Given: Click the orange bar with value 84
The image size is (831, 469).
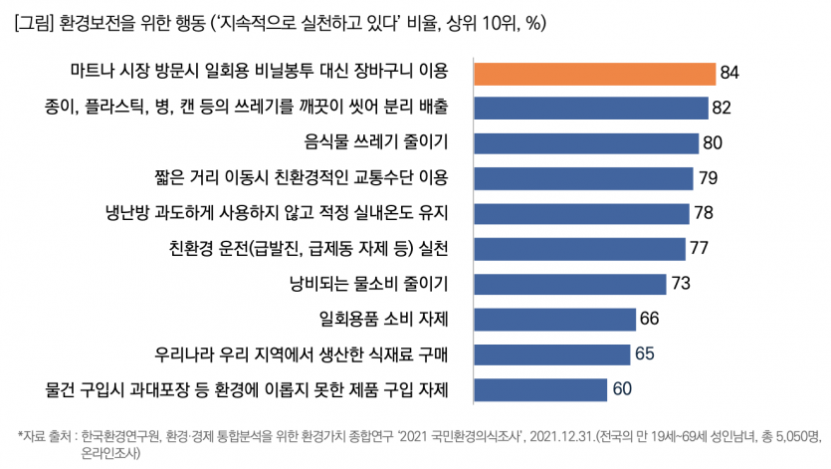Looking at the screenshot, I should click(x=595, y=73).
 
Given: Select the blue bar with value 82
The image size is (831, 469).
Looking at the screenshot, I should click(x=591, y=108).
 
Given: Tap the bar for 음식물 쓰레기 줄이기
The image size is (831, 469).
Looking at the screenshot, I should click(x=587, y=142).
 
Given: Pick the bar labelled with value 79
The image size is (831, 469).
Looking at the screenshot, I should click(x=584, y=178).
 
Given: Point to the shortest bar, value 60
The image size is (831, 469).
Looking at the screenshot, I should click(x=541, y=388).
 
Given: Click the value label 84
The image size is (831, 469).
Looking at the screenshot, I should click(x=729, y=73).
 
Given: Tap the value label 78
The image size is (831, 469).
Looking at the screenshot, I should click(x=704, y=213).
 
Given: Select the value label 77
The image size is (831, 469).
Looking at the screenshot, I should click(x=700, y=248).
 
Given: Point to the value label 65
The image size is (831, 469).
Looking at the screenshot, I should click(x=645, y=353).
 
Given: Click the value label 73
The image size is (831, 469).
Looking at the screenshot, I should click(x=681, y=283).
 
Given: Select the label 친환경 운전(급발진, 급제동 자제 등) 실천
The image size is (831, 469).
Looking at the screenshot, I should click(x=310, y=248).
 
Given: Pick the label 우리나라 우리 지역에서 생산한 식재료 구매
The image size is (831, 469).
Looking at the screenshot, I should click(x=303, y=353).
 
